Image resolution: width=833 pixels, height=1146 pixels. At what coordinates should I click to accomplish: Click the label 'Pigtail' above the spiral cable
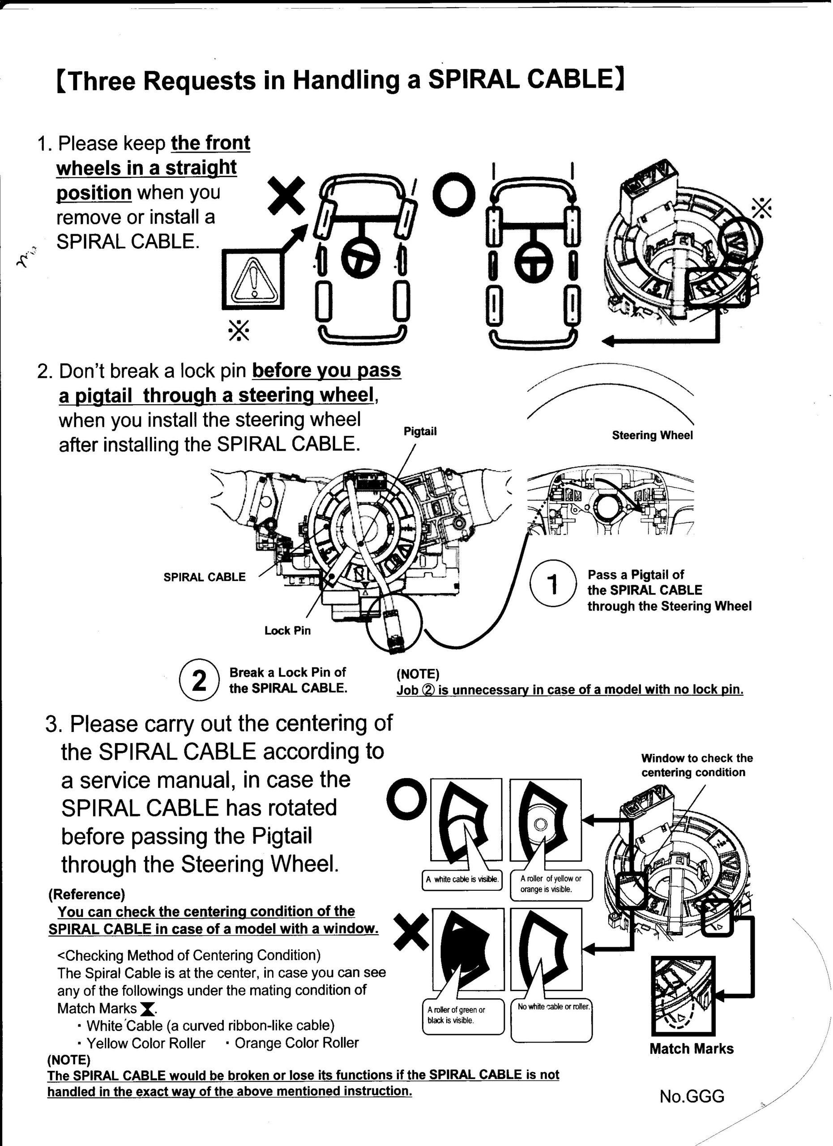420,432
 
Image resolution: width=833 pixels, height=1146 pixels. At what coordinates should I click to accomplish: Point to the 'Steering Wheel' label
652,436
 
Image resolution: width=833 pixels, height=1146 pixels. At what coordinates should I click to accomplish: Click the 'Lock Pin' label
287,631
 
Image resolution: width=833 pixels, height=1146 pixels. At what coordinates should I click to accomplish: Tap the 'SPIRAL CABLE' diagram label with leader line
205,577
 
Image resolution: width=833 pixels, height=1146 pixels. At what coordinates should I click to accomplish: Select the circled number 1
553,585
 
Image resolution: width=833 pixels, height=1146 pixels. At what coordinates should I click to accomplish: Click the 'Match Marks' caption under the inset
691,1048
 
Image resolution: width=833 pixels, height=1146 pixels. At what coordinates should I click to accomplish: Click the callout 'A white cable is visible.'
462,879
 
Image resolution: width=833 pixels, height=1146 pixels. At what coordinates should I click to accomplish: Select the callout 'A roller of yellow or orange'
551,884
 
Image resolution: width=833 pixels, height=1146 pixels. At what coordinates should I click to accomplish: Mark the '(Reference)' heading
86,894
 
